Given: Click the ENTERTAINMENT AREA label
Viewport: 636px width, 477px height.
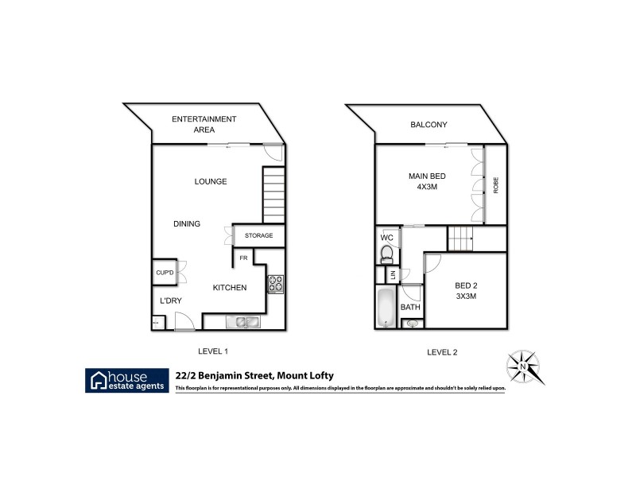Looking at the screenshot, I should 204,123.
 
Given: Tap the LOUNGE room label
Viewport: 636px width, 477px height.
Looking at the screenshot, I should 211,181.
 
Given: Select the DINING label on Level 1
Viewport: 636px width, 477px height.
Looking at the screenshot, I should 187,223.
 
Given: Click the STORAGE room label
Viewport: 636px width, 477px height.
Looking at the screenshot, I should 258,235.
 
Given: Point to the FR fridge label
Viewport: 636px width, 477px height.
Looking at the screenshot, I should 242,258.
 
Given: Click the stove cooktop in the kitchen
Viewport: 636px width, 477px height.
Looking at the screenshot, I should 276,284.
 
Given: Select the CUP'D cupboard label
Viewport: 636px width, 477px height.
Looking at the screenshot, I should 165,272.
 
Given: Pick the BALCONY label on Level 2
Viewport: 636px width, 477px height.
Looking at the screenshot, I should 429,125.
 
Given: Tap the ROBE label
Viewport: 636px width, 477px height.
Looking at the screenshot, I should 496,184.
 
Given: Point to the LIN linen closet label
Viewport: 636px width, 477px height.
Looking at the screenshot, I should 391,275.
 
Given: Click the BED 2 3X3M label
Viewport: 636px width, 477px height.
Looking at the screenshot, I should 465,291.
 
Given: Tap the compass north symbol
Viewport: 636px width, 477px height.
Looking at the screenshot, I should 525,367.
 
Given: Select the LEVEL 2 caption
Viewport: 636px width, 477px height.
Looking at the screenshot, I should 442,351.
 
